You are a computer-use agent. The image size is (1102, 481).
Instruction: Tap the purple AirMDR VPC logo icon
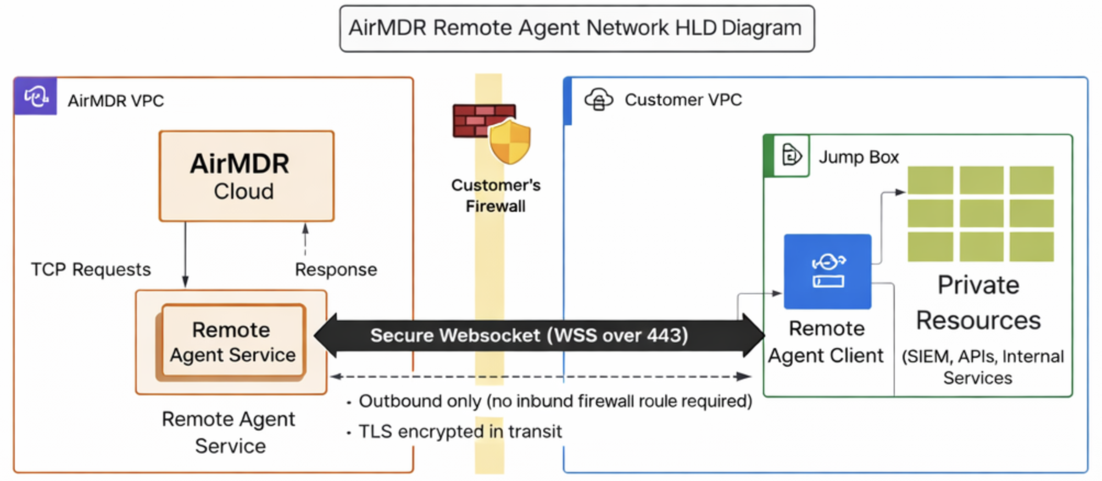36,97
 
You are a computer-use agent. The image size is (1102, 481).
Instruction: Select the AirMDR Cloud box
246,176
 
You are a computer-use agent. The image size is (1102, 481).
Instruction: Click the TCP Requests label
91,270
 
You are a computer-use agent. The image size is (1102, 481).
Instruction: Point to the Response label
336,270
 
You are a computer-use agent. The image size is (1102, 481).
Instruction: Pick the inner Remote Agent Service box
232,342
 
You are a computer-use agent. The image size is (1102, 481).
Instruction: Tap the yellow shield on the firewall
510,142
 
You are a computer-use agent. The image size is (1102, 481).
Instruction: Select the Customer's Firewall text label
496,195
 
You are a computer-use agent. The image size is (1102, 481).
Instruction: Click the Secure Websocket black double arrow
538,335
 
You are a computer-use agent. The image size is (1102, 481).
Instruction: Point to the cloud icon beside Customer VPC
598,100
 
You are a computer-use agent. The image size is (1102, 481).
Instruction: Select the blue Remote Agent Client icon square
827,271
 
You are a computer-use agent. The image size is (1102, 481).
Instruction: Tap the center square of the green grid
981,214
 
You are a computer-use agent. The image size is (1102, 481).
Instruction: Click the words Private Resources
978,303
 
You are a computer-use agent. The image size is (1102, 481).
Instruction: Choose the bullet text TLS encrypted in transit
460,432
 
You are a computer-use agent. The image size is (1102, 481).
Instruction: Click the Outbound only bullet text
555,401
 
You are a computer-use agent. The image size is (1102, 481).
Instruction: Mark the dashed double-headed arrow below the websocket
541,377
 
